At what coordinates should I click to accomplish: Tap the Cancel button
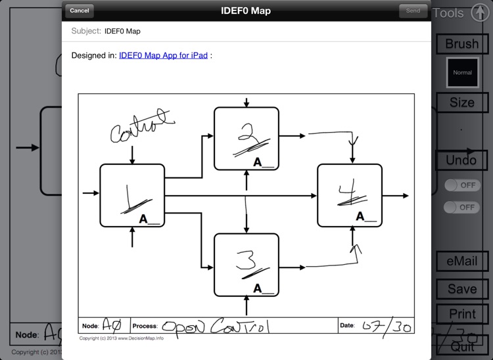point(80,11)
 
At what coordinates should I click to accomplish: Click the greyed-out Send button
point(413,11)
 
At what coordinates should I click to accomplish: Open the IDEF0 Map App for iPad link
point(164,56)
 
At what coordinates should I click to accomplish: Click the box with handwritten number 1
point(132,196)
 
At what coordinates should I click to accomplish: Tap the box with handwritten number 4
point(350,196)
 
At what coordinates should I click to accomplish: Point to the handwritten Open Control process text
point(216,326)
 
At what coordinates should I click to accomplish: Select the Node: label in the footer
point(90,326)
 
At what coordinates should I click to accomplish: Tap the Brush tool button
point(462,44)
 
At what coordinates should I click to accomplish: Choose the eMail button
point(462,261)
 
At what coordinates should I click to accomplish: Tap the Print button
point(462,314)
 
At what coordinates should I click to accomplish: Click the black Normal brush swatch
point(462,72)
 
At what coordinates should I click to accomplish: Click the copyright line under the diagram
point(122,338)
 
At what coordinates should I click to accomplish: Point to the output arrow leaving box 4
point(396,196)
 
